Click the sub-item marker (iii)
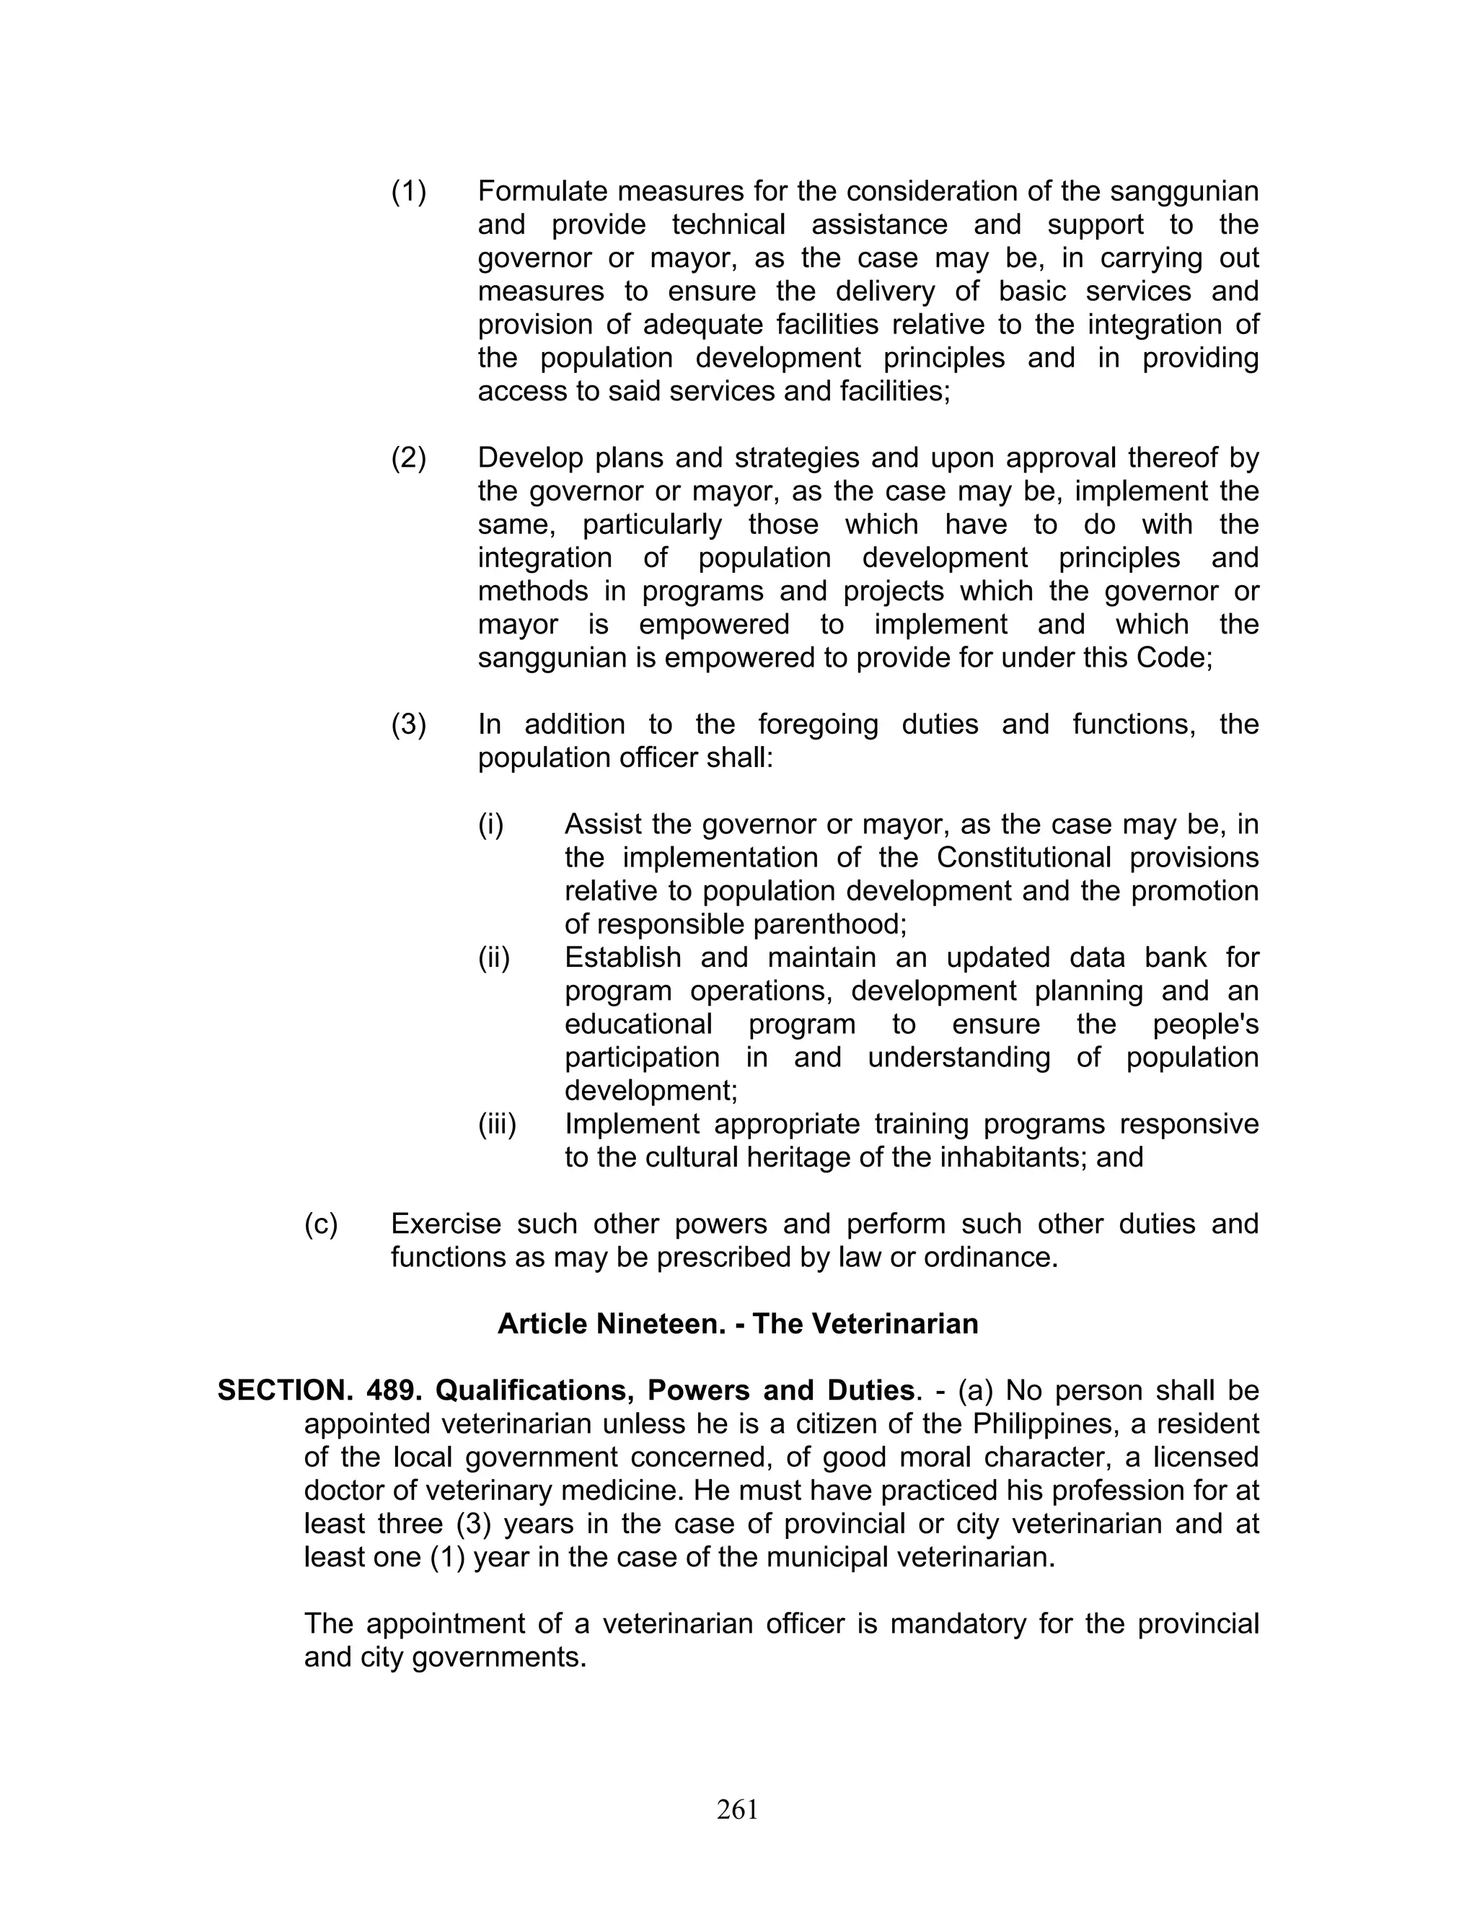pos(496,1124)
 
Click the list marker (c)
pos(320,1224)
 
